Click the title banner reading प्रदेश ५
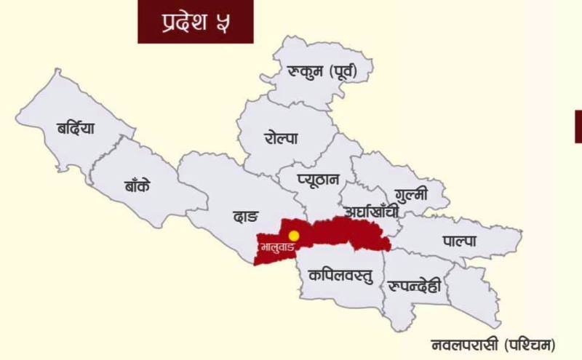pyautogui.click(x=196, y=22)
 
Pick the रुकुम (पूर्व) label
pyautogui.click(x=321, y=72)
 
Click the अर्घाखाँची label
pyautogui.click(x=372, y=212)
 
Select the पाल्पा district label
pyautogui.click(x=460, y=241)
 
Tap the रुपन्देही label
pyautogui.click(x=415, y=285)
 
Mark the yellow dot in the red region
pyautogui.click(x=293, y=236)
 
